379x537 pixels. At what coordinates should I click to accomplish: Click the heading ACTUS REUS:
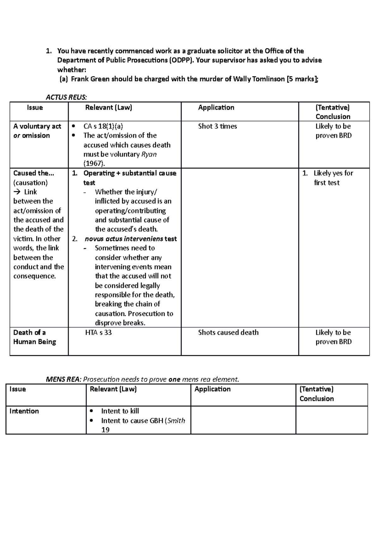(66, 97)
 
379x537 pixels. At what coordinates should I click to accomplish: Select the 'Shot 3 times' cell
(217, 126)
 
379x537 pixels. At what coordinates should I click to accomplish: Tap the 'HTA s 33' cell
(98, 332)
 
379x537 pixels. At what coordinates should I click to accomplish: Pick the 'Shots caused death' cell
(228, 332)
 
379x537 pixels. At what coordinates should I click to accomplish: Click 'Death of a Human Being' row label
(34, 337)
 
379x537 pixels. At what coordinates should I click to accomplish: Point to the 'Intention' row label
(24, 411)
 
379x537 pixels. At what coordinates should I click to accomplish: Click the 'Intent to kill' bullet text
(120, 411)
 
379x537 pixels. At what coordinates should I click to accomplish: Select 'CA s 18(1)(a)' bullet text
(103, 126)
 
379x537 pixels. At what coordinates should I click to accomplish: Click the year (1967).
(94, 164)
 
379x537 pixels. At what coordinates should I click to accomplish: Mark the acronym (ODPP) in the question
(180, 60)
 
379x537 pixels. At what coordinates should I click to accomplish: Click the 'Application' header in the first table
(216, 108)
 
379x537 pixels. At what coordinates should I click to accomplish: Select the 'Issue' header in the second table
(18, 389)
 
